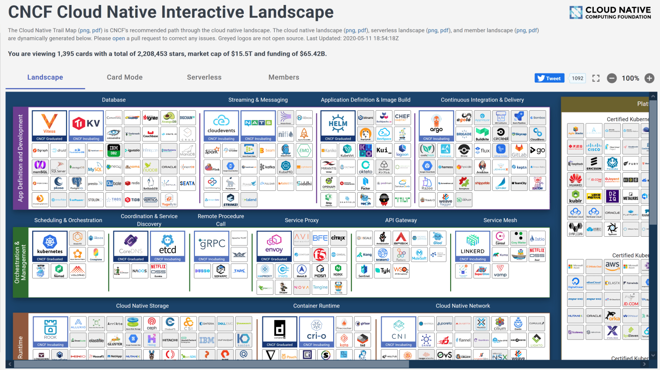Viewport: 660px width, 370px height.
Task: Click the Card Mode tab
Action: [125, 77]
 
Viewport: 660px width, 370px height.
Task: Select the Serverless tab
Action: [204, 77]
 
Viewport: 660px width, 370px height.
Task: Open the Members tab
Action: [284, 77]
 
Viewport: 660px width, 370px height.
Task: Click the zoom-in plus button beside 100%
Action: [650, 78]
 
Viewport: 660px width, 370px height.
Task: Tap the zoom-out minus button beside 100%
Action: [612, 78]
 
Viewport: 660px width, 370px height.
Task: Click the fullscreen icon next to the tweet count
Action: [596, 78]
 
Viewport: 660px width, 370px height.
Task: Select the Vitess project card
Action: [49, 126]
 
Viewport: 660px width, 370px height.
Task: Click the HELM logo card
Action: [338, 126]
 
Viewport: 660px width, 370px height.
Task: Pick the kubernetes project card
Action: [49, 246]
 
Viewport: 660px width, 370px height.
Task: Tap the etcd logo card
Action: [168, 246]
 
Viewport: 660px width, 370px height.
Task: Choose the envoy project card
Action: [274, 246]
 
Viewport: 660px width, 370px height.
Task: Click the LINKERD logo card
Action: [473, 246]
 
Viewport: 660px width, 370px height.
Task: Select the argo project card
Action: [436, 126]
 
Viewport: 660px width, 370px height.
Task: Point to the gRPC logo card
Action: [212, 246]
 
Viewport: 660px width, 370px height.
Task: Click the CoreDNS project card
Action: [131, 246]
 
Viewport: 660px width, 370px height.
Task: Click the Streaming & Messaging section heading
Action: [258, 100]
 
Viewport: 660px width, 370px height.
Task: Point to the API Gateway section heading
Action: [401, 220]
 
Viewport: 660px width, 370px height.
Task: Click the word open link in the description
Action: [119, 38]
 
